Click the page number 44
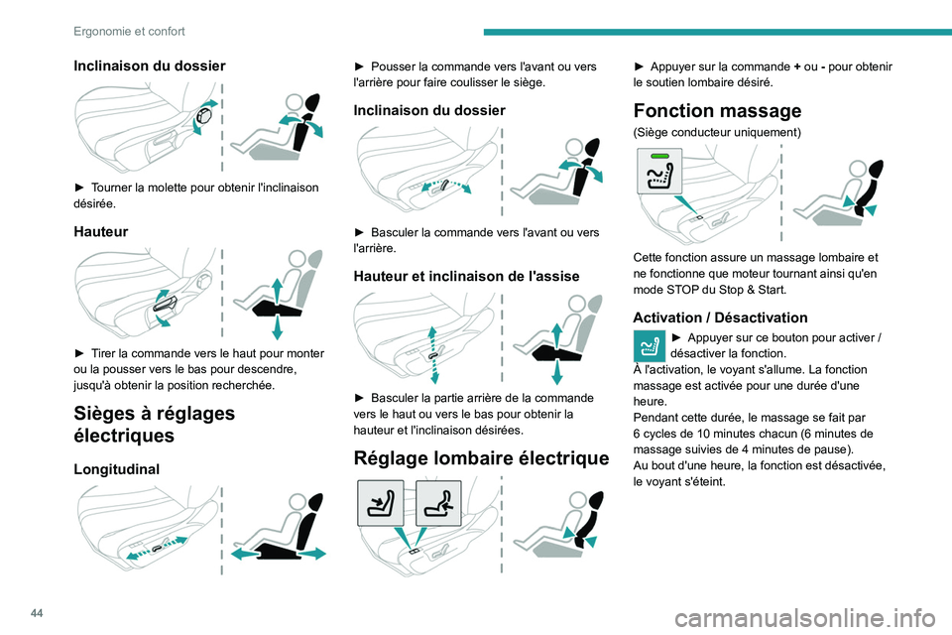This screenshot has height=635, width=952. click(37, 613)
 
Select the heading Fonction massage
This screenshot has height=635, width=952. click(717, 110)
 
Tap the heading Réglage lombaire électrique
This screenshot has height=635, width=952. click(481, 457)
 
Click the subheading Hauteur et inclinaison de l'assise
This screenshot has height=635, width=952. click(466, 277)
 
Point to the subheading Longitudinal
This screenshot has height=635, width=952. click(117, 469)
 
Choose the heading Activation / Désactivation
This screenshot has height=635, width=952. click(720, 317)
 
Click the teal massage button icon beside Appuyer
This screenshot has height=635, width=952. click(649, 345)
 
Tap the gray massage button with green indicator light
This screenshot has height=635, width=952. click(659, 172)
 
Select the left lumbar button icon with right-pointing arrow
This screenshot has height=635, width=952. click(381, 503)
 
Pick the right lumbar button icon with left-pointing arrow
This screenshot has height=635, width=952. click(438, 503)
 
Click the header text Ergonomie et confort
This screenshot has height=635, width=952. click(129, 32)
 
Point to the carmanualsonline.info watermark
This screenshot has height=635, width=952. click(805, 618)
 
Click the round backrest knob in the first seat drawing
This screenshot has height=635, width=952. click(204, 116)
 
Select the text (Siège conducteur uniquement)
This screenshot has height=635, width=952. click(717, 133)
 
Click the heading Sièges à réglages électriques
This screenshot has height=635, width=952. click(155, 424)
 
